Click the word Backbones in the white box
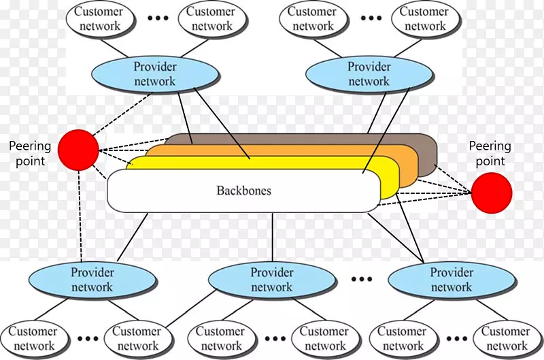[x=243, y=191]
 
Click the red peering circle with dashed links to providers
[x=78, y=150]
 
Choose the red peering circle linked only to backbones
[x=492, y=193]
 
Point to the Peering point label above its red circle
[x=490, y=153]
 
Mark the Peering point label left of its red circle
[x=27, y=153]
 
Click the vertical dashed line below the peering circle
[x=80, y=214]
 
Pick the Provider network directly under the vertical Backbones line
[x=272, y=280]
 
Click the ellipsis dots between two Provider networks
[x=362, y=278]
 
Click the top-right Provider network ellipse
[x=369, y=74]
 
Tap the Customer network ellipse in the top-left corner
[x=99, y=19]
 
